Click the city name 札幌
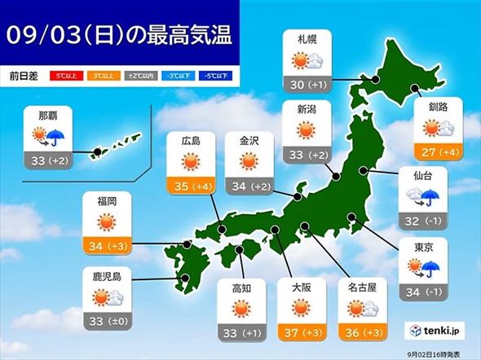tap(307, 37)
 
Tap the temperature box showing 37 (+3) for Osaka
tap(301, 332)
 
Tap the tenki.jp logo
tap(439, 331)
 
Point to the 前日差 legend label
tap(23, 75)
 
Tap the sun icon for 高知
tap(240, 310)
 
